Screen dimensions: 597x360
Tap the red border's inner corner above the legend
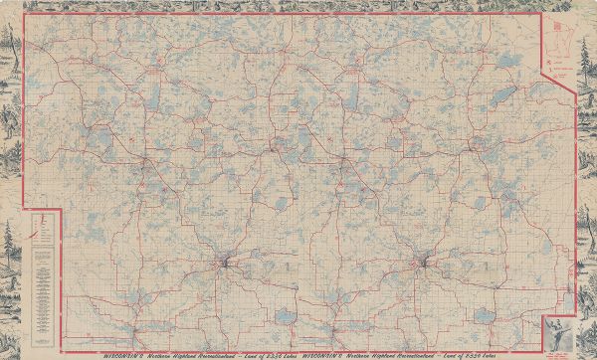[60, 209]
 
